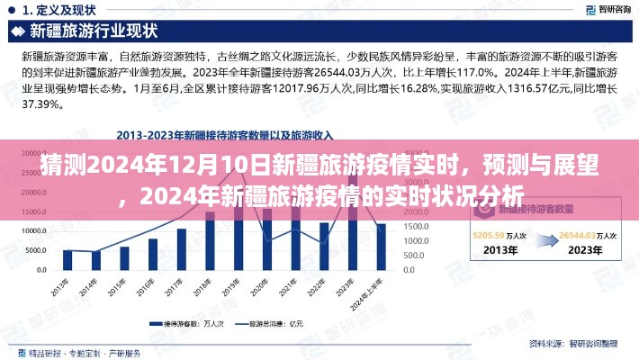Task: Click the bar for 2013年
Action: coord(67,260)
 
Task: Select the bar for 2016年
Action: coord(153,255)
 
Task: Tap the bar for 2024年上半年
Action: coord(381,247)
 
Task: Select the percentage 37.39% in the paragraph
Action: coord(41,104)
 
